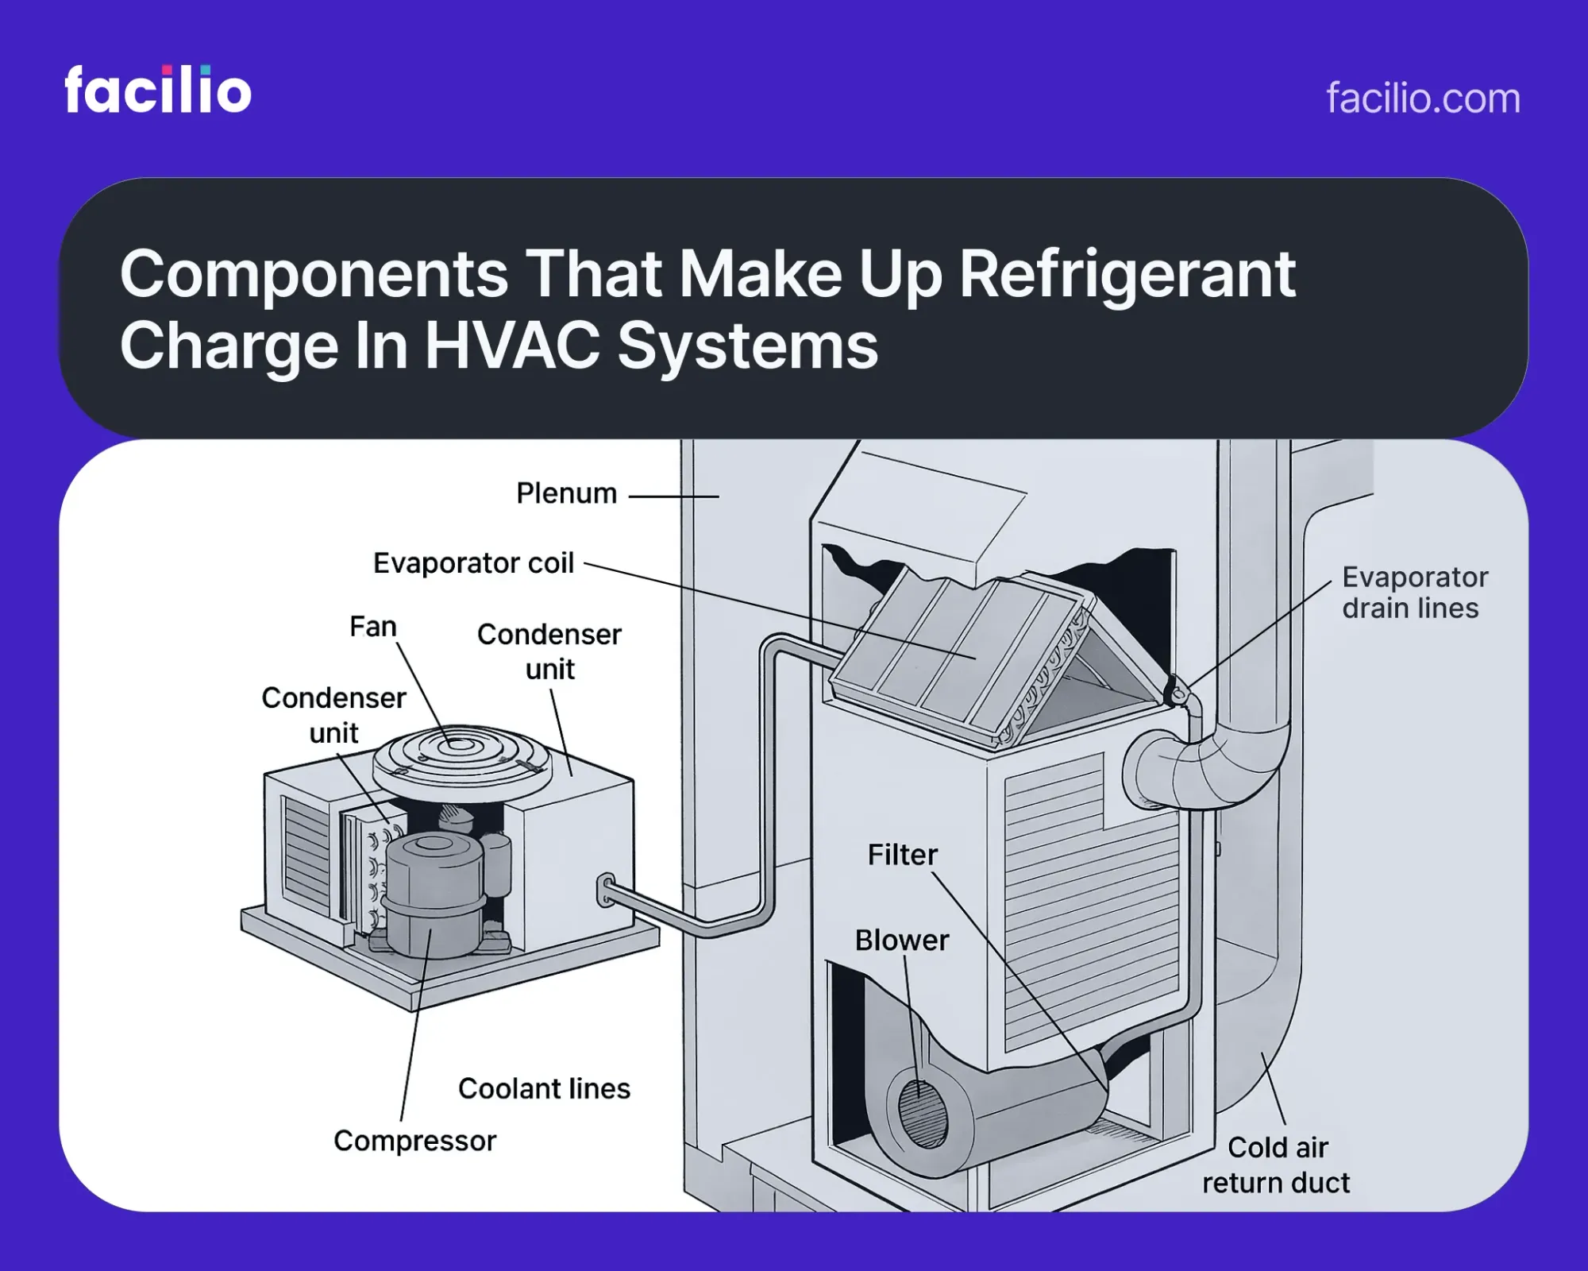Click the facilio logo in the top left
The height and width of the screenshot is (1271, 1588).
[x=157, y=90]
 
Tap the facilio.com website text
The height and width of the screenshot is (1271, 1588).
[x=1423, y=99]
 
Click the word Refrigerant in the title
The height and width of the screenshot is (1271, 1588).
[x=1127, y=274]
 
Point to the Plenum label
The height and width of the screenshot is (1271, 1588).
[x=566, y=493]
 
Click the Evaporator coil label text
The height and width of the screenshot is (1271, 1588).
[x=473, y=563]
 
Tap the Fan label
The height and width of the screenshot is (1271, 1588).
[x=372, y=627]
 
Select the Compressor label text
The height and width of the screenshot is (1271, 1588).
[x=414, y=1141]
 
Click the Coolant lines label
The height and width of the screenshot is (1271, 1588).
[x=544, y=1088]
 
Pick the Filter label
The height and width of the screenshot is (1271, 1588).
[x=902, y=855]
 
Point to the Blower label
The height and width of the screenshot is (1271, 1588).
[x=901, y=941]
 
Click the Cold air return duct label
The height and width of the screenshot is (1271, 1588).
[x=1276, y=1165]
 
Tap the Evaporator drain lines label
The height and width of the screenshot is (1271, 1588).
[x=1413, y=593]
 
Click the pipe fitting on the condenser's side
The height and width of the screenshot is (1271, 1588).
[x=606, y=890]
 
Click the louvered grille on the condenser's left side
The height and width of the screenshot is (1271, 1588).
[x=306, y=854]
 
